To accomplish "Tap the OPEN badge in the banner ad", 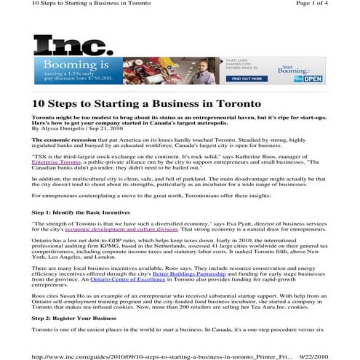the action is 312,78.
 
